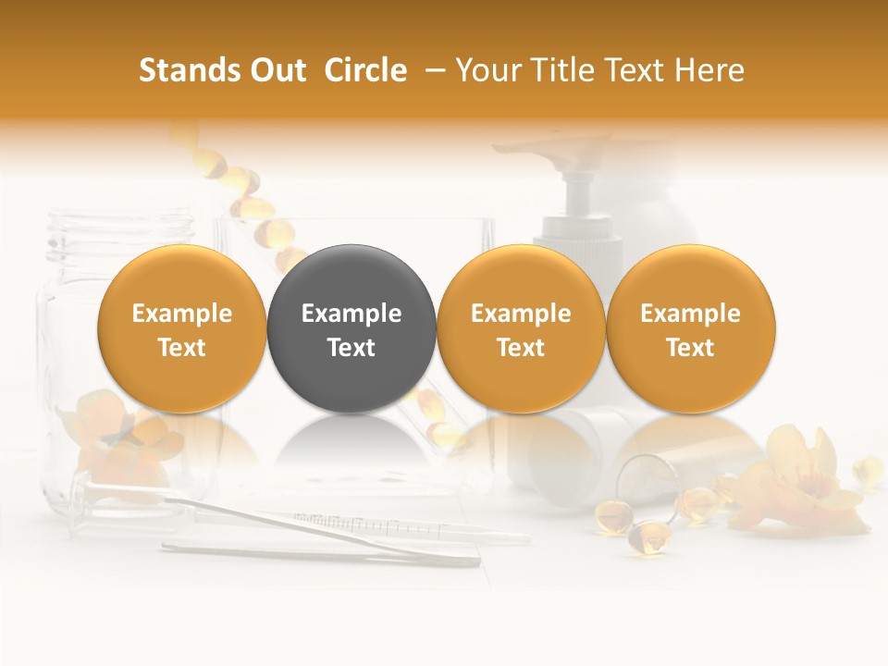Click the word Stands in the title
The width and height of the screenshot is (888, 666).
(x=182, y=70)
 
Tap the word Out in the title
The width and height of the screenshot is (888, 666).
(x=276, y=70)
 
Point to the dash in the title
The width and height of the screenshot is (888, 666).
(x=432, y=71)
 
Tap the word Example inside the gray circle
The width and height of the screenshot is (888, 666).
(x=351, y=314)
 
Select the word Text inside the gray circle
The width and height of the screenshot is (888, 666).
(x=351, y=348)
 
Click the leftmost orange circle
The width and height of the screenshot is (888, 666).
(x=182, y=328)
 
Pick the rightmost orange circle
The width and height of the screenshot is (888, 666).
(x=691, y=328)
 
